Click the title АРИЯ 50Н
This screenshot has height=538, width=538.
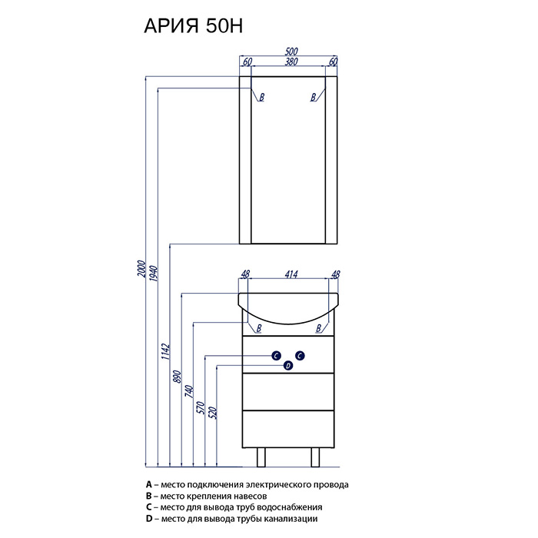click(193, 26)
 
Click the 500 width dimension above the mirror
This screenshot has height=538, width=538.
click(291, 51)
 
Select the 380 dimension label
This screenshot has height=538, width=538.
click(291, 61)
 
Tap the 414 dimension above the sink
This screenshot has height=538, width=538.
click(291, 274)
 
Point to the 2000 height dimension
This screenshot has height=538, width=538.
click(141, 269)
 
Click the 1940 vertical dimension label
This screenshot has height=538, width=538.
click(154, 274)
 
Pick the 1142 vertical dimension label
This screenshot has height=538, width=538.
click(165, 351)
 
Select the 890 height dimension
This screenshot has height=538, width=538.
click(177, 377)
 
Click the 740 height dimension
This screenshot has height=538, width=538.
click(189, 391)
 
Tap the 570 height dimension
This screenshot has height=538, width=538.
click(201, 407)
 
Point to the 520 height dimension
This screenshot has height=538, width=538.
click(213, 413)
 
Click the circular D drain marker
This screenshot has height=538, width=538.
click(288, 366)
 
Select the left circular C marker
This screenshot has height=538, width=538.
click(276, 356)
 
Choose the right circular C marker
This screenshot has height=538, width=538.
click(300, 356)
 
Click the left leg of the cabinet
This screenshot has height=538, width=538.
click(261, 457)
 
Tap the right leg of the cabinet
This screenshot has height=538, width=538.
click(315, 457)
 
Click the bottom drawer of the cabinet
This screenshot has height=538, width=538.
click(288, 429)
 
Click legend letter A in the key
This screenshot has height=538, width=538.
click(148, 484)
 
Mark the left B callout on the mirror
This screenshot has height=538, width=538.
click(262, 97)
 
